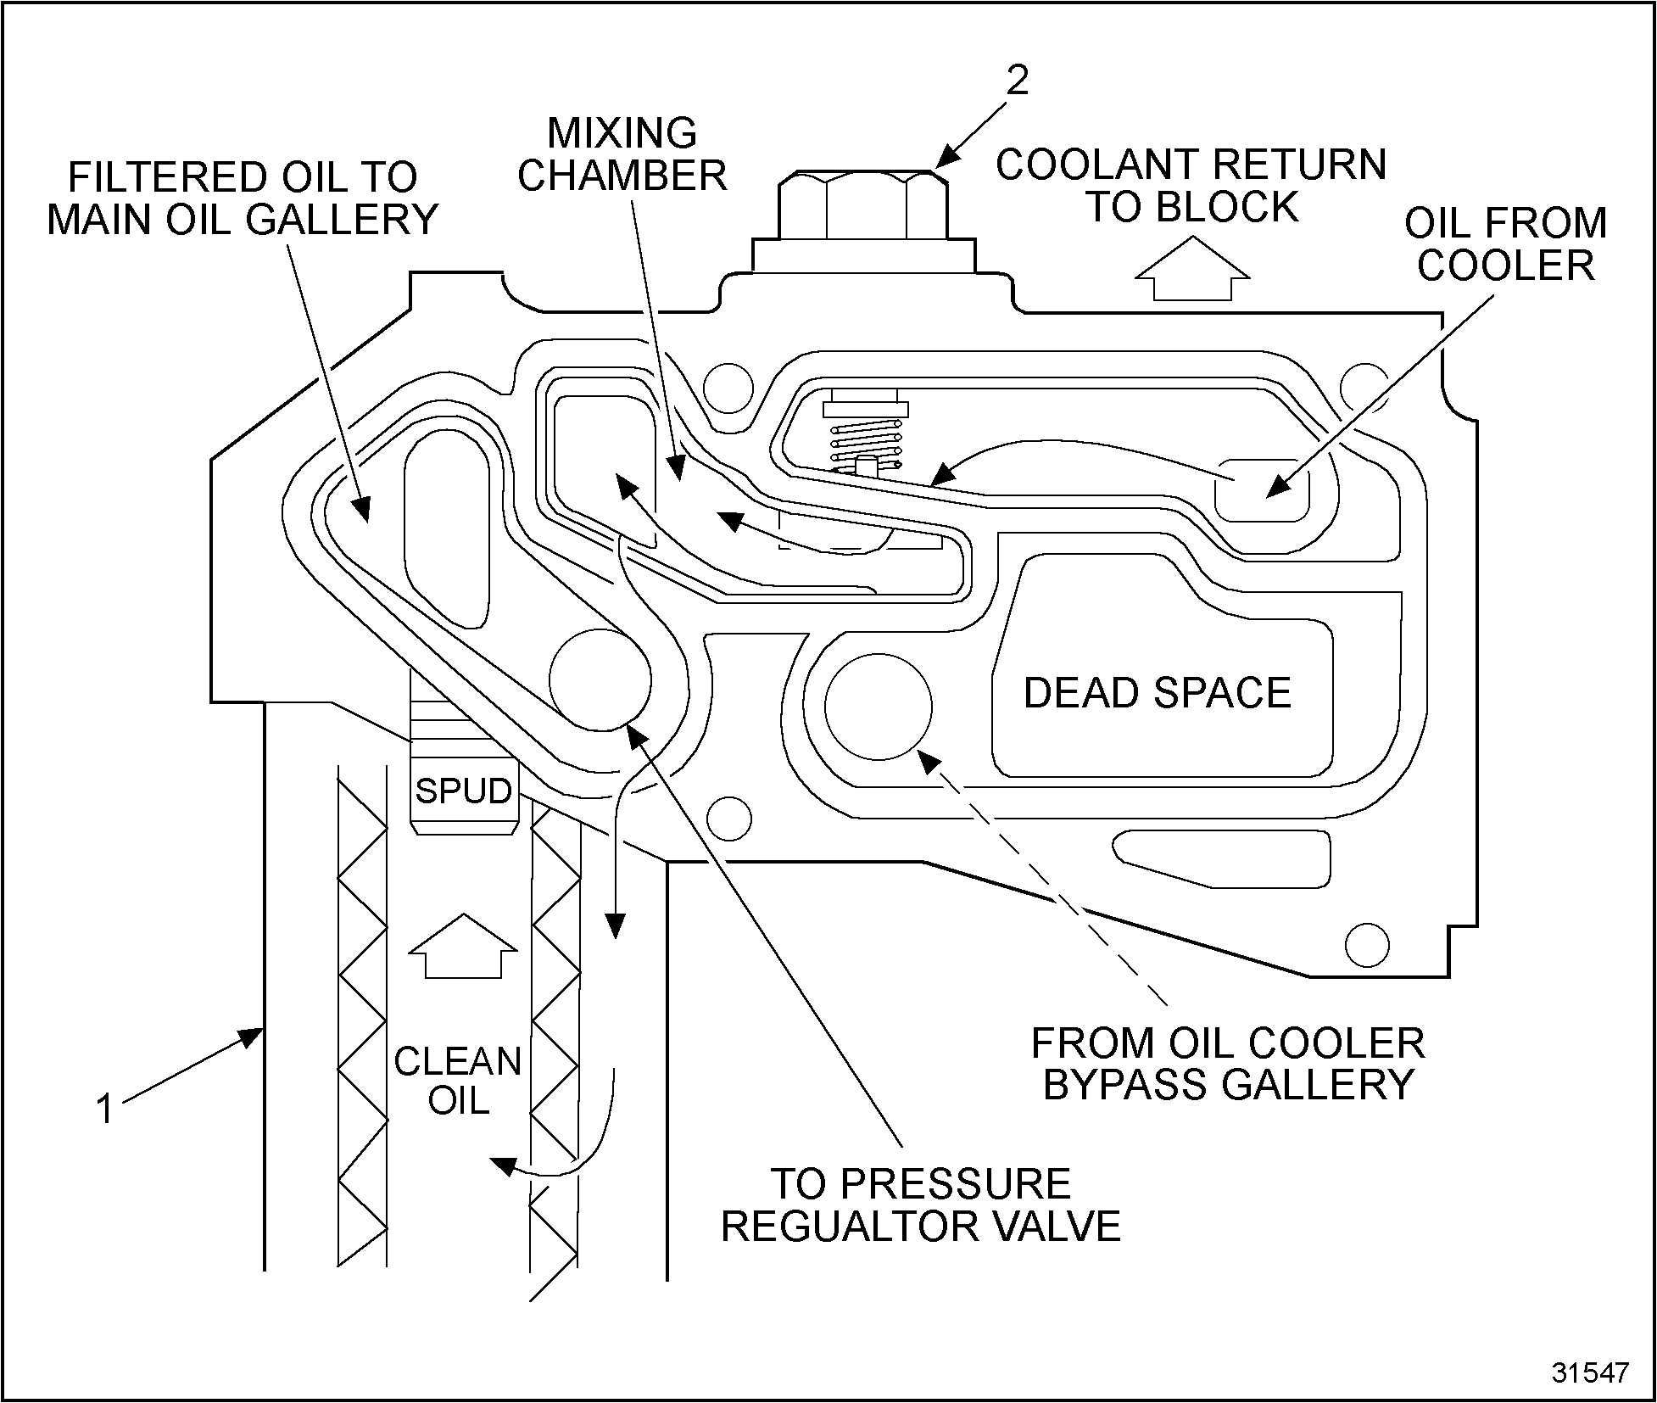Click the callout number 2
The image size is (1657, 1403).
point(1017,81)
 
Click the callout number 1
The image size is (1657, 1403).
point(105,1110)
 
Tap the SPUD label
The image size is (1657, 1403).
point(463,791)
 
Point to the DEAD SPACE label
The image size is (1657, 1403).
point(1157,692)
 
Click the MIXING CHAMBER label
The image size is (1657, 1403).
point(622,154)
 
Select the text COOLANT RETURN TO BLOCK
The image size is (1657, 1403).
point(1191,186)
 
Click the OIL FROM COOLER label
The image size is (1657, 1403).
point(1505,244)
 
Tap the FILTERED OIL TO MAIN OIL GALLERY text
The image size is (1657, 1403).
point(243,198)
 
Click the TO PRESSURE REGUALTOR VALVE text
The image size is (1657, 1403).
point(921,1205)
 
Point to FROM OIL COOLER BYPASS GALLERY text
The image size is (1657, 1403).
point(1227,1064)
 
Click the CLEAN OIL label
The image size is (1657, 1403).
point(458,1081)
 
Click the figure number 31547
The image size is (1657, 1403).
point(1590,1373)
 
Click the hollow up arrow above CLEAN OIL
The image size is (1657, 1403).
point(462,946)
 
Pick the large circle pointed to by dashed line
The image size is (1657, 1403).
point(878,707)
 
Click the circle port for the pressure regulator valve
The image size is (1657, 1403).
point(600,679)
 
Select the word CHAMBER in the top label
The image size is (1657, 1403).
point(622,176)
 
